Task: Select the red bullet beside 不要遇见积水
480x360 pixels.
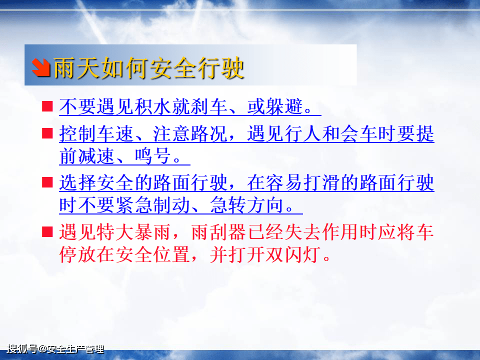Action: click(x=47, y=106)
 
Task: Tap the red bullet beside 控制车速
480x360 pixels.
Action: click(x=47, y=134)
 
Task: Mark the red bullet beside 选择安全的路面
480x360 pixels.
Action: click(x=47, y=182)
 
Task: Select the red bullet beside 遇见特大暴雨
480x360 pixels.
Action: click(x=47, y=232)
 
